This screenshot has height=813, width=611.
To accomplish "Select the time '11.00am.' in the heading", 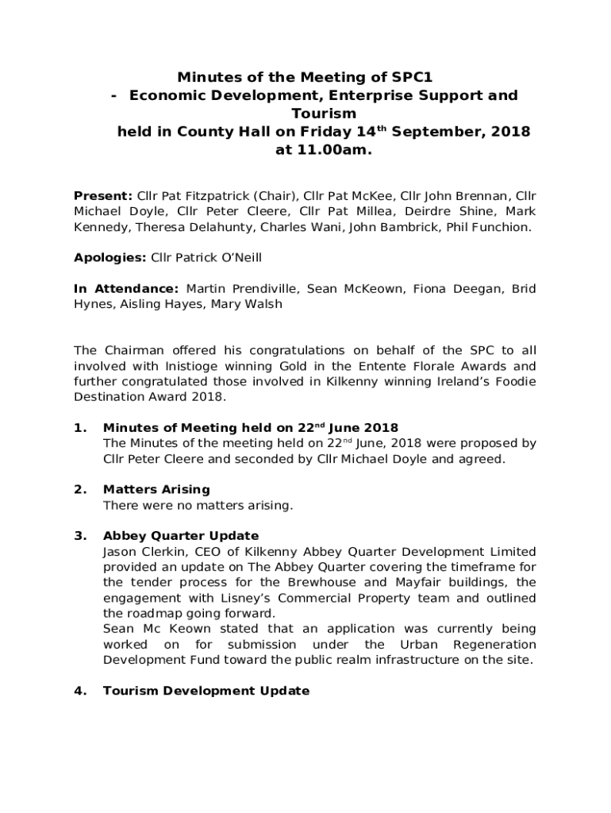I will (323, 150).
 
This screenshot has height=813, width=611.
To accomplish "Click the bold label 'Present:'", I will (103, 195).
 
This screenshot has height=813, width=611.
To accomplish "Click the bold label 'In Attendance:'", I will (126, 288).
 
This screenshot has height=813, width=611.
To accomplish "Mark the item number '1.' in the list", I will (79, 428).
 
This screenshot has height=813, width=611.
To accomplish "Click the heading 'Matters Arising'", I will (156, 489).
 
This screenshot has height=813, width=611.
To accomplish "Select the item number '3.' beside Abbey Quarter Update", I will (79, 535).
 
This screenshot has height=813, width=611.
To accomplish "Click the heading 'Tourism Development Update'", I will (206, 691).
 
